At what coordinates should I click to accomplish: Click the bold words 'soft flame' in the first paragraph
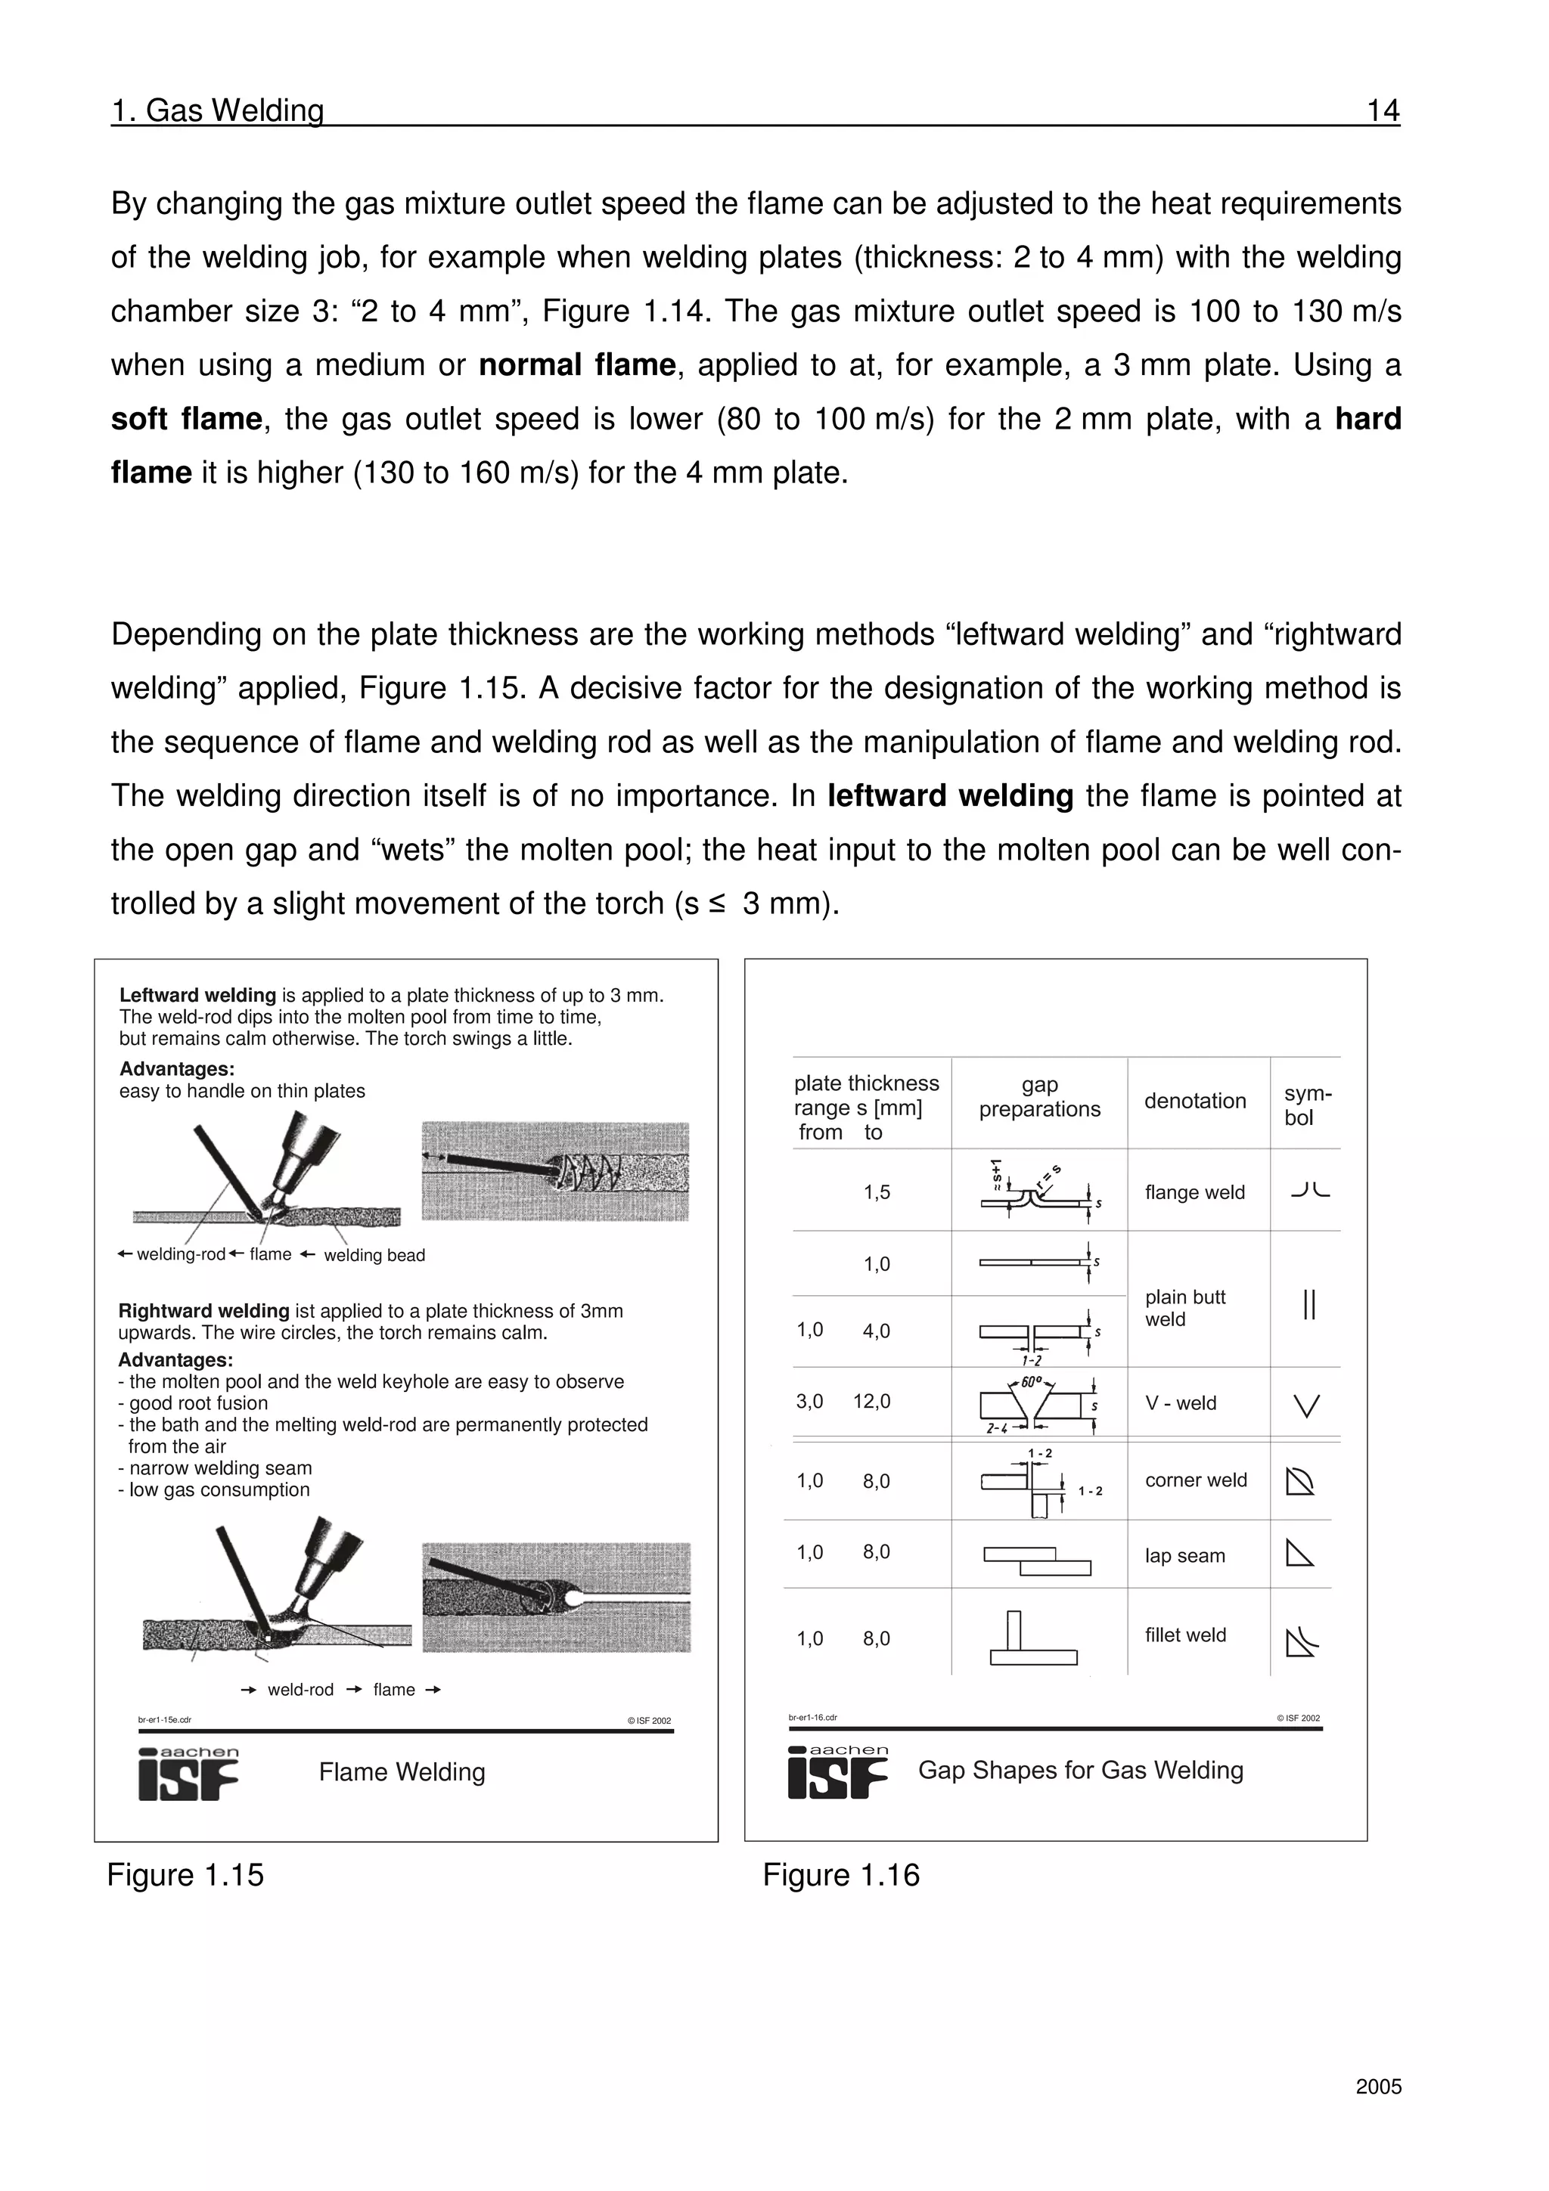pos(186,419)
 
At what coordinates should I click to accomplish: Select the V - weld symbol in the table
pos(1306,1405)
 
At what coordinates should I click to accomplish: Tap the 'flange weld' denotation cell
pos(1194,1192)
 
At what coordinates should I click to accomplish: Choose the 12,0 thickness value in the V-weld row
pos(871,1402)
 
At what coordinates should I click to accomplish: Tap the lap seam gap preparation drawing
pos(1036,1561)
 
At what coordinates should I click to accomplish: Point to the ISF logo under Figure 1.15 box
pos(188,1776)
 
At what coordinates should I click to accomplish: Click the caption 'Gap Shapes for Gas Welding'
pos(1079,1770)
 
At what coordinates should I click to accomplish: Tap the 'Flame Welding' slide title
pos(402,1772)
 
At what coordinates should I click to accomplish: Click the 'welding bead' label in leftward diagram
pos(374,1255)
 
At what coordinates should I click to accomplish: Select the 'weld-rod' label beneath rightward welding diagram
pos(300,1690)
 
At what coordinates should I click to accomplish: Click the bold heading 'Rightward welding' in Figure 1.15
pos(203,1311)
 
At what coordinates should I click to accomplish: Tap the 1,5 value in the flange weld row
pos(876,1192)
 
